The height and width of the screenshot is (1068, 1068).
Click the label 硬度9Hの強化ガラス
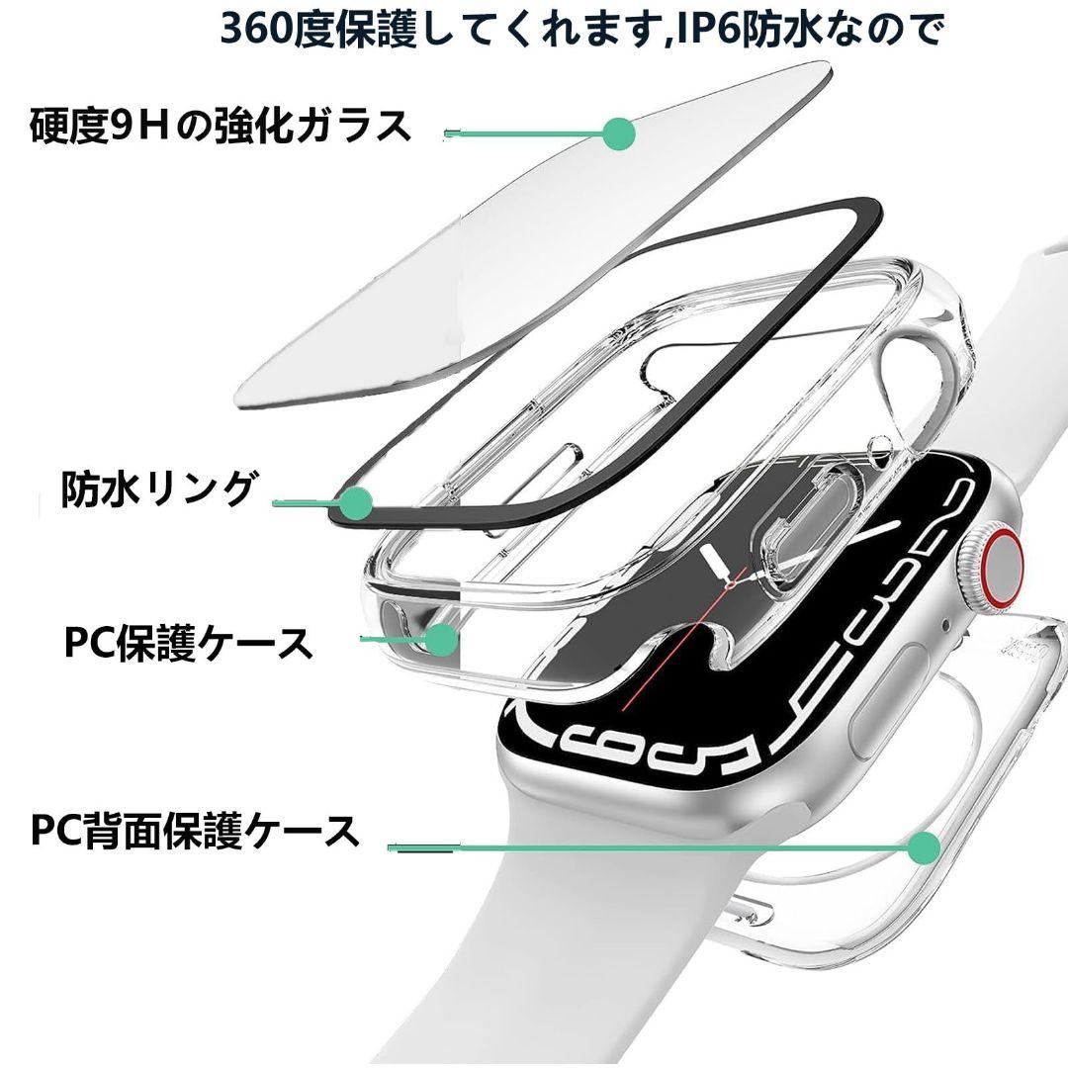coord(221,126)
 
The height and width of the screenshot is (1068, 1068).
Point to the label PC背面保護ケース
coord(195,830)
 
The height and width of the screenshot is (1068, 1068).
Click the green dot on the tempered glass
coord(619,133)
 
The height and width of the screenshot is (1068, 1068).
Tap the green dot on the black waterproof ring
coord(356,503)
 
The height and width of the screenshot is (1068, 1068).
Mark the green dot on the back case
coord(925,847)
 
